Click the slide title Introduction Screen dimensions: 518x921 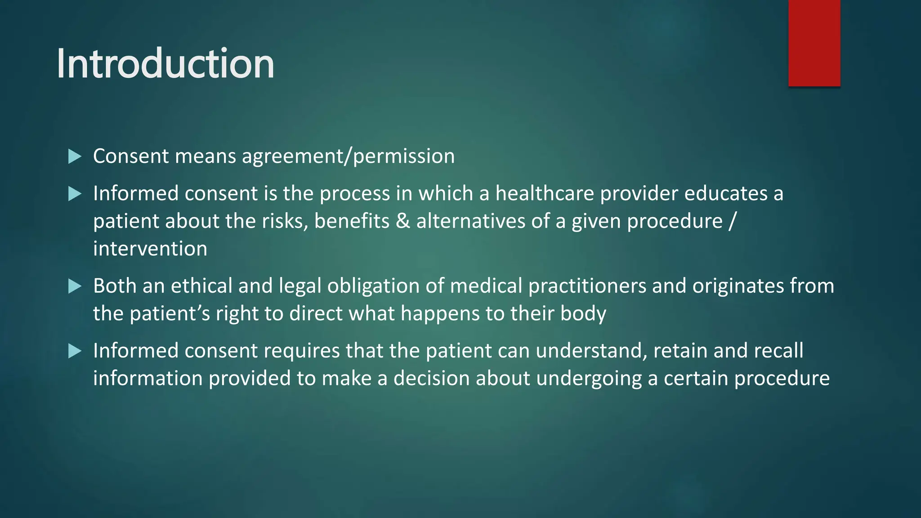(x=165, y=64)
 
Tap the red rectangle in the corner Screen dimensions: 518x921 (x=814, y=43)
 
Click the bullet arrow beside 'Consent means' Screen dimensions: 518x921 (x=75, y=156)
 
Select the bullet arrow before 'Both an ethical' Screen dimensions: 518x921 (x=75, y=286)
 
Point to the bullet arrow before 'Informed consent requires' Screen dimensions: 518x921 (x=75, y=351)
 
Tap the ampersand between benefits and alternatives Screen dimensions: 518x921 (x=403, y=221)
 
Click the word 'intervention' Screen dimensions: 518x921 (x=150, y=249)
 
